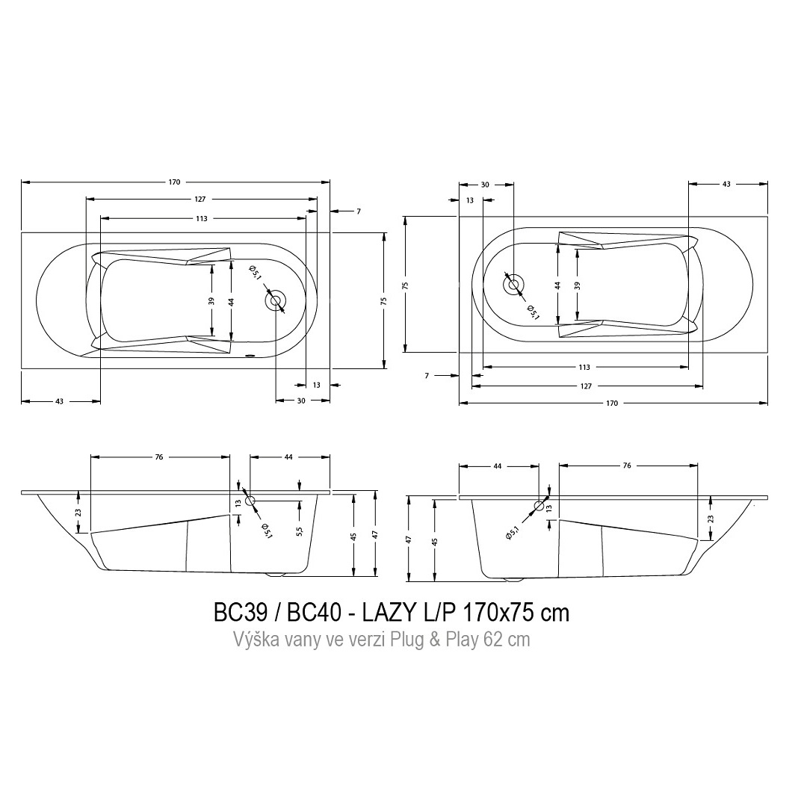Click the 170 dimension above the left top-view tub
coord(174,182)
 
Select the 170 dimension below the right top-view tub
coord(612,403)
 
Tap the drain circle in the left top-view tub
coord(276,301)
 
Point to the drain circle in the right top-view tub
coord(513,285)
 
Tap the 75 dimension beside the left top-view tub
coord(384,300)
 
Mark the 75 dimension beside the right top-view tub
coord(405,285)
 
